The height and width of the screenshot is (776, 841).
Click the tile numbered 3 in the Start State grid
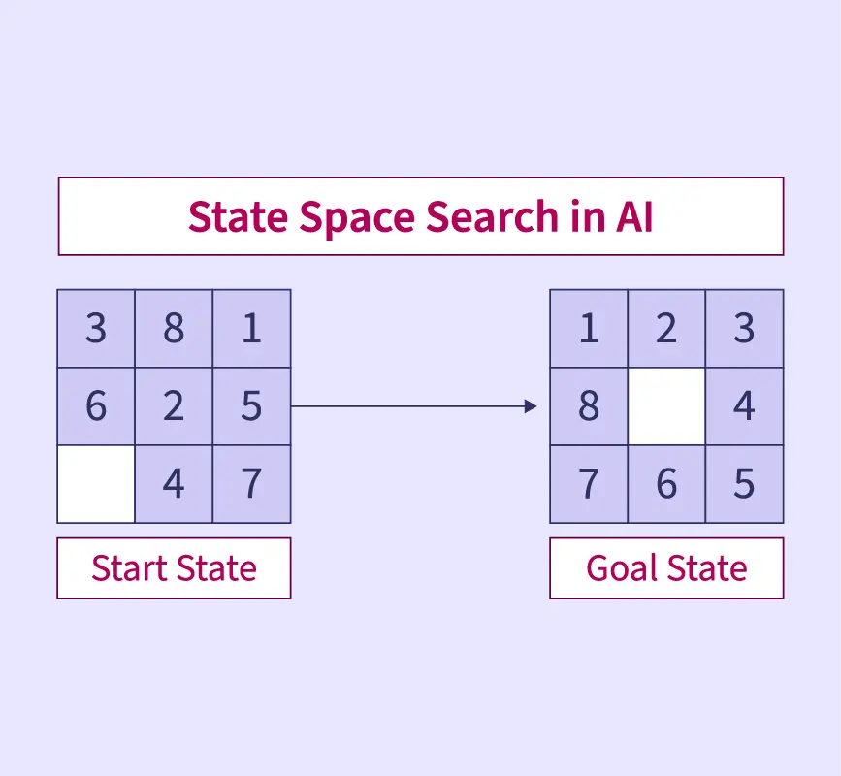coord(96,329)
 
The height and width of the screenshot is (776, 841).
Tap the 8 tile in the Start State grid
coord(174,329)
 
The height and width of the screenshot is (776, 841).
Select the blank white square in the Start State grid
coord(96,484)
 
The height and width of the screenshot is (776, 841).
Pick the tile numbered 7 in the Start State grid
coord(251,484)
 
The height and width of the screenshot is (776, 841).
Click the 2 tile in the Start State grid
coord(174,406)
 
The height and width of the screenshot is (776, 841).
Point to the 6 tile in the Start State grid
coord(96,406)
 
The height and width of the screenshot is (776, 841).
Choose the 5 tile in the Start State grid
coord(251,406)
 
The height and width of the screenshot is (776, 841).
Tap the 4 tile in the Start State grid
coord(174,484)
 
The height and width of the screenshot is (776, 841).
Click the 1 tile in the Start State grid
coord(251,329)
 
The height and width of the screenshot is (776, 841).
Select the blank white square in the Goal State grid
coord(666,406)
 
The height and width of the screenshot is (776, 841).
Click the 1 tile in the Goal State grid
coord(589,329)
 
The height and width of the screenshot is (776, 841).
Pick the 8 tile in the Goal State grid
coord(589,406)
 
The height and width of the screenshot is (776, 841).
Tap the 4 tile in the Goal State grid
coord(744,406)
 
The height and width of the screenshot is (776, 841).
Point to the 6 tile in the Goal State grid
coord(666,484)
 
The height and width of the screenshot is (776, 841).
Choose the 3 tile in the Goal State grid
coord(744,329)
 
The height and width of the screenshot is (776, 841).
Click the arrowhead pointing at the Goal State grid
coord(530,406)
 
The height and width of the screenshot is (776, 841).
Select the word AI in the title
coord(633,217)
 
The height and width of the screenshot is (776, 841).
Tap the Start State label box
coord(174,568)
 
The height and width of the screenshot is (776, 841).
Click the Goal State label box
coord(666,568)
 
